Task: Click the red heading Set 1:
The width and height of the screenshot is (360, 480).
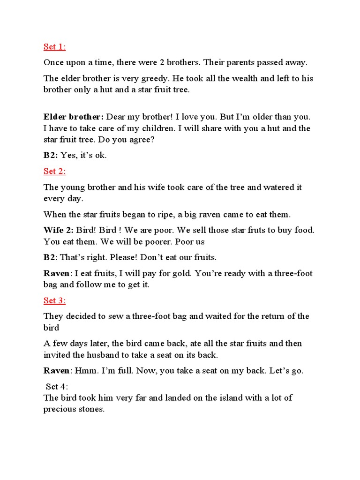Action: [x=55, y=46]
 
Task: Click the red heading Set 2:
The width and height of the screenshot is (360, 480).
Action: [x=55, y=171]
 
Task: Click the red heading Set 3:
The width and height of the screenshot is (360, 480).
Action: [x=55, y=300]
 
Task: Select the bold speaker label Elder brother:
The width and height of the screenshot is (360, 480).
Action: [x=75, y=117]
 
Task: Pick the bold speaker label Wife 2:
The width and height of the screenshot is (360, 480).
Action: [x=59, y=230]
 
